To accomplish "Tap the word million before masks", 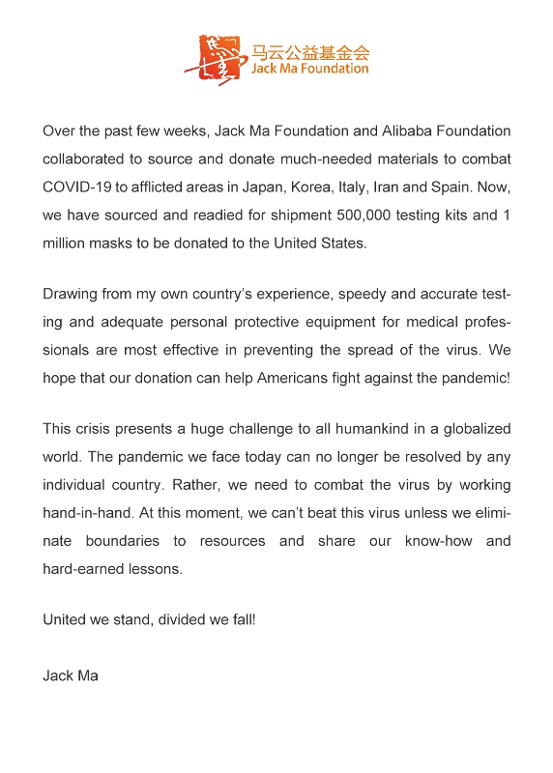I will click(x=67, y=243).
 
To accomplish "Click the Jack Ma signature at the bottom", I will click(x=71, y=675).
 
